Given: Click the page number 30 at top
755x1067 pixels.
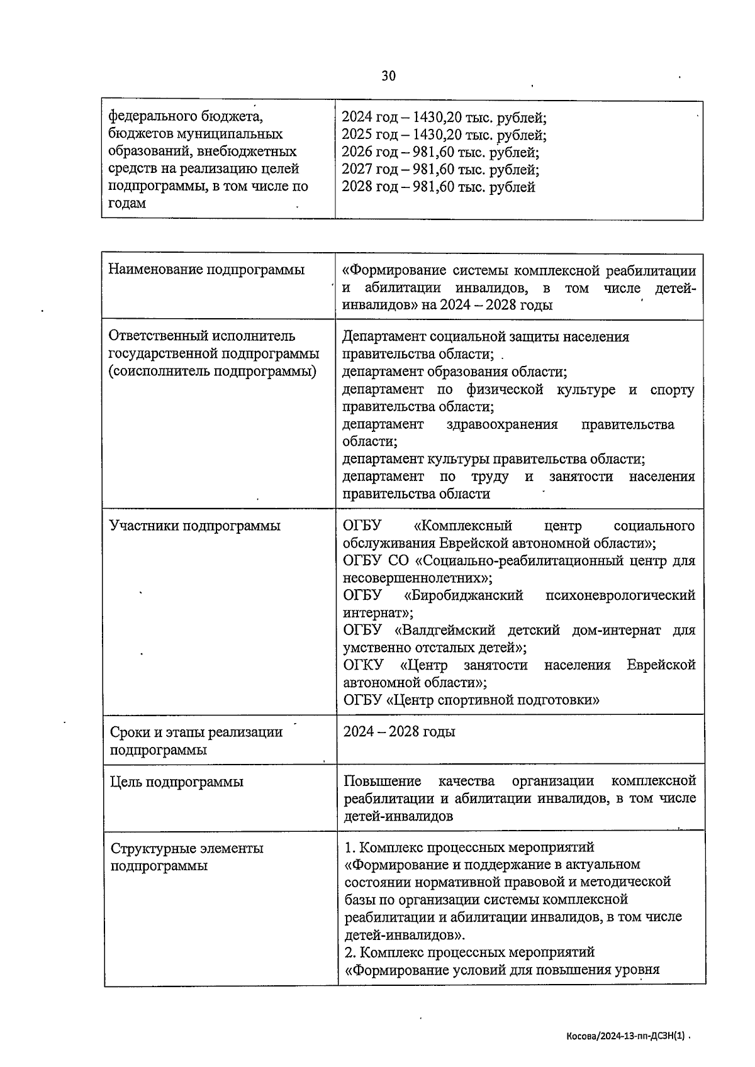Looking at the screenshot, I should (x=388, y=76).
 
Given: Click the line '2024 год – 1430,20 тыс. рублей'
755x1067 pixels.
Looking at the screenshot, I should (x=444, y=117).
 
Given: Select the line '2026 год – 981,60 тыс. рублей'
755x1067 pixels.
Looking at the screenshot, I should (x=440, y=152).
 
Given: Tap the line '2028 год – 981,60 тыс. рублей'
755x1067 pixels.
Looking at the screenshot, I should (x=438, y=187).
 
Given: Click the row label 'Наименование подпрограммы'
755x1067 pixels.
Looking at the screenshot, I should (x=206, y=270).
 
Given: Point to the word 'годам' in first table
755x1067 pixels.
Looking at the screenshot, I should (x=127, y=203).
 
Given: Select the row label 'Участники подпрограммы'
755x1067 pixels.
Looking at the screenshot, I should (x=194, y=526).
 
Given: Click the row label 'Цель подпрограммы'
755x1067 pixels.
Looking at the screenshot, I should (x=176, y=782).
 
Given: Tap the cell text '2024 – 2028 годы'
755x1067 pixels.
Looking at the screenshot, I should (x=399, y=732).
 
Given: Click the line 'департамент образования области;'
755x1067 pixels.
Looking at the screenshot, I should (x=454, y=372).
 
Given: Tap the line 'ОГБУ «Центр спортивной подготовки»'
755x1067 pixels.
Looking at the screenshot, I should (x=471, y=700).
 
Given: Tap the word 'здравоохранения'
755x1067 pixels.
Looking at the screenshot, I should (x=501, y=424).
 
